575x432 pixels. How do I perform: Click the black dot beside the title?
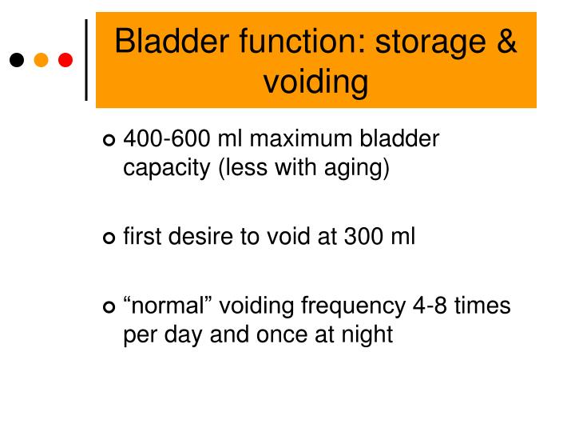click(17, 60)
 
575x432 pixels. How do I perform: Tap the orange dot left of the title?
click(41, 60)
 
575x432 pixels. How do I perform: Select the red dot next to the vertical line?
click(65, 60)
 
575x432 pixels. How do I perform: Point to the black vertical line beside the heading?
click(86, 60)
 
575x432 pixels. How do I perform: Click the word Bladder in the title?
click(172, 41)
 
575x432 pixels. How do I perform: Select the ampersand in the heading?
click(506, 41)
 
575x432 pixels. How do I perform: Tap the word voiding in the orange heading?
click(315, 82)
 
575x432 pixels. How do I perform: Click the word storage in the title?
click(430, 43)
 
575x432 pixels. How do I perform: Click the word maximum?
click(301, 139)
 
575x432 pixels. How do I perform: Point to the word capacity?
click(166, 169)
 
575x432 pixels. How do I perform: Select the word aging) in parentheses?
click(356, 168)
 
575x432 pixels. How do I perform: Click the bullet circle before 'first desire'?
click(109, 238)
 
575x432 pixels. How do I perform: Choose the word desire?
click(200, 236)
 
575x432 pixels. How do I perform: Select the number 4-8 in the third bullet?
click(430, 306)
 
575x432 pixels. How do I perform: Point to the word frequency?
click(354, 307)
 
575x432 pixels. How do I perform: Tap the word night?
click(367, 334)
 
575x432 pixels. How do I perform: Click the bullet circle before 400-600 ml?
click(109, 140)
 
